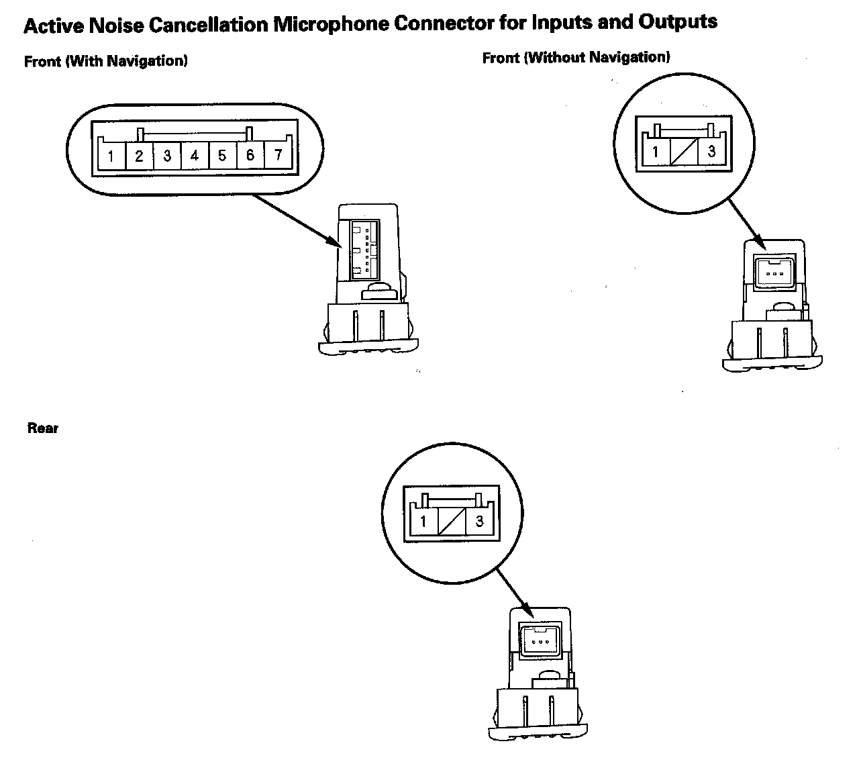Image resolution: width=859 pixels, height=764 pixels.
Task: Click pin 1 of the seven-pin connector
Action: [x=111, y=157]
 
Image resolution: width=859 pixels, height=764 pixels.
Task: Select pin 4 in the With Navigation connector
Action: [x=195, y=156]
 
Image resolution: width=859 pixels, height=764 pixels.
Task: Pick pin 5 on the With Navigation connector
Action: [x=222, y=156]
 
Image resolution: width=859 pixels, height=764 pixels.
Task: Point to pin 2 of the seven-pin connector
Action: [x=139, y=156]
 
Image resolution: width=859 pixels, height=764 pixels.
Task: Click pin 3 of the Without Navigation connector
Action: [x=711, y=151]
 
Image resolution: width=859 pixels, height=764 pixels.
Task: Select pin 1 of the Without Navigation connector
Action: [x=656, y=151]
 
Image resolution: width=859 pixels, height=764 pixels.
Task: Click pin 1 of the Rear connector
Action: [x=423, y=521]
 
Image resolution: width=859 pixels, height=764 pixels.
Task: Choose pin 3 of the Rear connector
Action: [x=479, y=521]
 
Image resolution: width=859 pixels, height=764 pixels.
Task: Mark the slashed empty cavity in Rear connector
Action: [x=451, y=521]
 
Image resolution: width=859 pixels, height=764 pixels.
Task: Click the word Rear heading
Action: [x=43, y=428]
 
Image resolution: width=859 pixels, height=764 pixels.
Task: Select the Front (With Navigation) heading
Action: [x=106, y=62]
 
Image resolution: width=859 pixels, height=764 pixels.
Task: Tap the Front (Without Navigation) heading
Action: [x=576, y=58]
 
